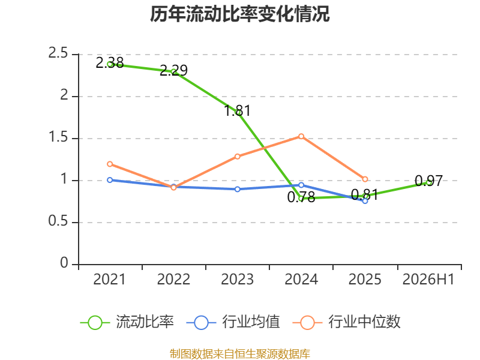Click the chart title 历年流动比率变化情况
click(239, 14)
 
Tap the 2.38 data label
click(110, 63)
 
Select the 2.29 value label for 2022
click(173, 70)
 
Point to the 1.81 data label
click(237, 111)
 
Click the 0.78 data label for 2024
click(301, 197)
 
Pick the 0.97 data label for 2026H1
click(429, 181)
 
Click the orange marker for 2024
click(301, 136)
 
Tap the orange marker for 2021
click(110, 164)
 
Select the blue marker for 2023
click(238, 189)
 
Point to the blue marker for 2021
click(110, 180)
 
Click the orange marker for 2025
click(365, 179)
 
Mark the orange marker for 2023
click(238, 157)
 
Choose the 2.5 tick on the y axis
click(58, 53)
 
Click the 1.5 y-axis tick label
click(58, 137)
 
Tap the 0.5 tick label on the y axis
click(58, 221)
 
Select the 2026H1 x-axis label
click(428, 279)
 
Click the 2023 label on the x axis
click(237, 279)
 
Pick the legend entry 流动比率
click(127, 322)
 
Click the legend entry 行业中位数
click(347, 322)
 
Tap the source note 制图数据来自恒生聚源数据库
click(240, 354)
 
